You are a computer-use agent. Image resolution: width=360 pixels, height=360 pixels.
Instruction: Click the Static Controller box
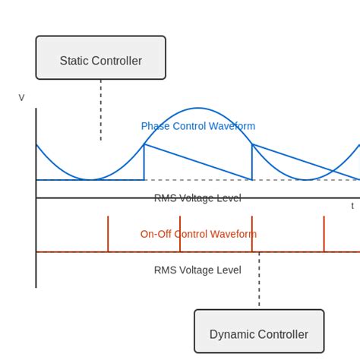[100, 58]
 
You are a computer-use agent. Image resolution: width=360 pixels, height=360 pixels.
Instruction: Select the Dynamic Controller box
[259, 331]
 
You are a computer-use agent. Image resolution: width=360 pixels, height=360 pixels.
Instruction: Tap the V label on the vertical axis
[21, 98]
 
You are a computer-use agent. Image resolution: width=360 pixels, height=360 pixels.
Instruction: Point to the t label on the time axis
[352, 206]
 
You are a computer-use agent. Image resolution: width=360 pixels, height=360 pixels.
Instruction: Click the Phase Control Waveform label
[198, 126]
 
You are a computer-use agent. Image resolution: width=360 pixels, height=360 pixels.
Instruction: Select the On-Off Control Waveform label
[198, 234]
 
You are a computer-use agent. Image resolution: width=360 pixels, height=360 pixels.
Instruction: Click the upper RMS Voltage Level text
[197, 198]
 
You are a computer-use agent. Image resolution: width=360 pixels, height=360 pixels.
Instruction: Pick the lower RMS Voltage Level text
[197, 270]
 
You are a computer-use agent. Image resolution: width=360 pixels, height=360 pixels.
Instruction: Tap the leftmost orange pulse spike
[108, 234]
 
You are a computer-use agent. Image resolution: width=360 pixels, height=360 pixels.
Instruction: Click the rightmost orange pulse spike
[324, 234]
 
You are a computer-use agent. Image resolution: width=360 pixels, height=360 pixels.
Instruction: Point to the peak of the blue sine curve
[198, 108]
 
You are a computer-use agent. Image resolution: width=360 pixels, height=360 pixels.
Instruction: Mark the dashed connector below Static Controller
[100, 110]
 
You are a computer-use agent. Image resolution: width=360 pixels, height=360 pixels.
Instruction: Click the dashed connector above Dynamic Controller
[259, 281]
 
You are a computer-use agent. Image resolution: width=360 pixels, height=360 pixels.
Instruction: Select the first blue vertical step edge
[144, 162]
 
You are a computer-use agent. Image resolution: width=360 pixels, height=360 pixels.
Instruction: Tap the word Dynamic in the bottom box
[231, 335]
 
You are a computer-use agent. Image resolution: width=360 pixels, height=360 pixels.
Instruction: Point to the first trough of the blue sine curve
[90, 180]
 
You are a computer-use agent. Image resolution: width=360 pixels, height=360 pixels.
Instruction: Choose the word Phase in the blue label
[155, 126]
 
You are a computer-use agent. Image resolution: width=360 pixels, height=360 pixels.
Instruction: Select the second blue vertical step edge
[252, 162]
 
